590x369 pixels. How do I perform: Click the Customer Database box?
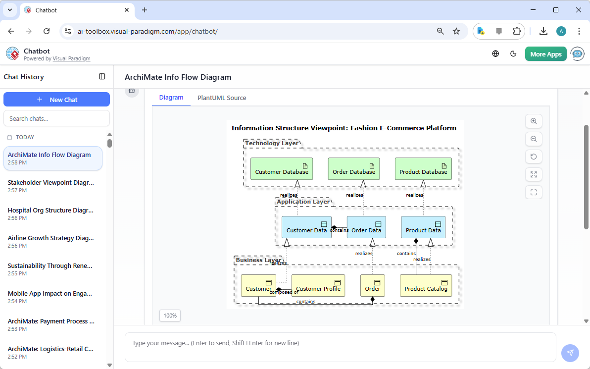(282, 168)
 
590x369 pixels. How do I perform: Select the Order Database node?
(354, 168)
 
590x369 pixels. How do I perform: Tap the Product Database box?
(423, 168)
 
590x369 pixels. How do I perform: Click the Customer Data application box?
(306, 227)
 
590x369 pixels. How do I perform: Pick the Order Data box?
(366, 227)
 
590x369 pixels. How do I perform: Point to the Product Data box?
(423, 227)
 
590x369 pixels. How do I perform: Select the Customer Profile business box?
(318, 285)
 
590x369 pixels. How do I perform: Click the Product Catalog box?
(426, 285)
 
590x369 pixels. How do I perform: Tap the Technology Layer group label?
(272, 143)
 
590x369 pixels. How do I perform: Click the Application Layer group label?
(303, 202)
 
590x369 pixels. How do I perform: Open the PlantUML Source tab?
(222, 98)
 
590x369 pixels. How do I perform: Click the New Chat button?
(56, 100)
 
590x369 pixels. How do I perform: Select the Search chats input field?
(56, 118)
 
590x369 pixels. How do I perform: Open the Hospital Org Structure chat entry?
(50, 214)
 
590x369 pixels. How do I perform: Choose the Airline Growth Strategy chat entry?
(50, 242)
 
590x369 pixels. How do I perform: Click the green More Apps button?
(546, 54)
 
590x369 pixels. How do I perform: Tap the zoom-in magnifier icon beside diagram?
(534, 121)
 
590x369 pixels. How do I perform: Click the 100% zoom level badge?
(170, 316)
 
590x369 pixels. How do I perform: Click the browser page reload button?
(47, 31)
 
